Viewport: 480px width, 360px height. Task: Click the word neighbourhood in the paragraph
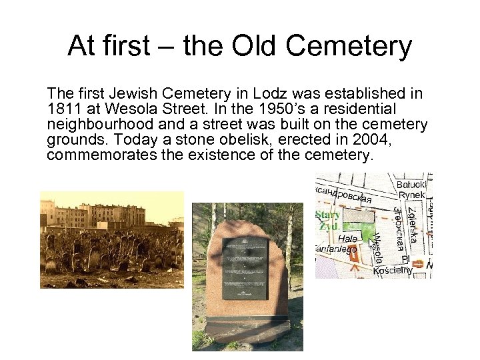click(x=91, y=123)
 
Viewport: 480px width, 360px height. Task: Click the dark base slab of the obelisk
click(x=247, y=330)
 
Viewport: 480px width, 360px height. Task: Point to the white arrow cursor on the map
click(x=372, y=243)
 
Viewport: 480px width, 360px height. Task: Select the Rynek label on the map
click(x=412, y=195)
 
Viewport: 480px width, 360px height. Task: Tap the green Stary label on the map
click(x=329, y=215)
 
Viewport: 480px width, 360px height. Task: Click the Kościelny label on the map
click(x=393, y=270)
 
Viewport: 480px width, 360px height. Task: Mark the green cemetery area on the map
click(x=359, y=230)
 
